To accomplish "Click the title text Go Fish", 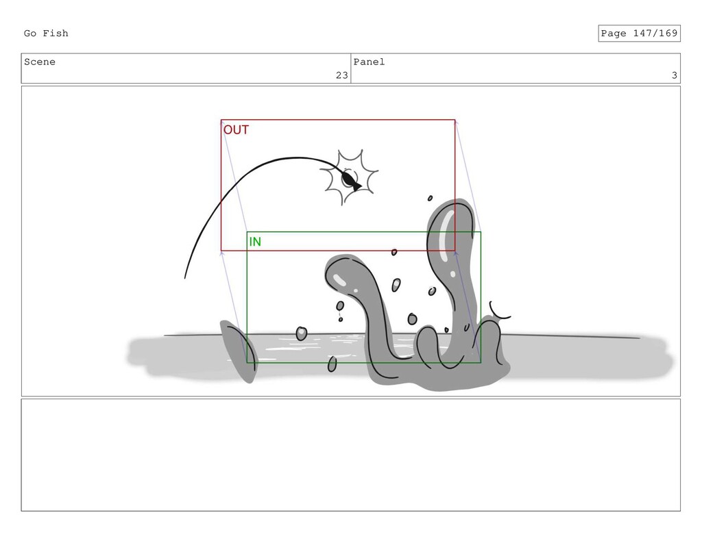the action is click(x=46, y=34).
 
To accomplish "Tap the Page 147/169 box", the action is click(x=639, y=34).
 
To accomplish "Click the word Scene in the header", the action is click(x=40, y=62).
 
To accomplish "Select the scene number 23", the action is click(x=342, y=75).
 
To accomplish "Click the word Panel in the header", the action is click(x=369, y=62).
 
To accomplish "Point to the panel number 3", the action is click(x=675, y=75).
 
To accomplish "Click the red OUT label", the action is click(x=236, y=129).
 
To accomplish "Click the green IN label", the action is click(x=255, y=242).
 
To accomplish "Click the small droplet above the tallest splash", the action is click(x=431, y=198).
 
